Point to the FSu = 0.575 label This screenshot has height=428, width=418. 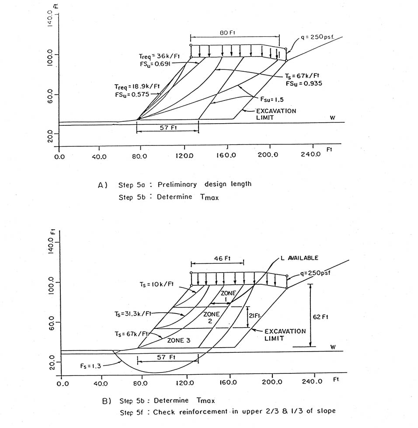click(125, 94)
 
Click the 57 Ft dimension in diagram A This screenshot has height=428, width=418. click(167, 128)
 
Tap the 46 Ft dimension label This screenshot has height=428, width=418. click(217, 259)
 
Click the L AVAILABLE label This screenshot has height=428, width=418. click(300, 258)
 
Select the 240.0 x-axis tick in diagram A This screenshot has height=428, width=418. click(311, 155)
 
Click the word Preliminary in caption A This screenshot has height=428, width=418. click(176, 184)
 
